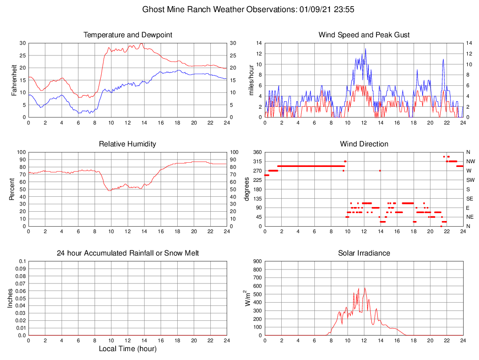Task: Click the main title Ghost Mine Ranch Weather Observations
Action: [239, 9]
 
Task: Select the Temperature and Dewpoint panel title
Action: [128, 35]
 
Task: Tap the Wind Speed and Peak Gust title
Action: [364, 35]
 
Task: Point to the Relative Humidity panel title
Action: [128, 144]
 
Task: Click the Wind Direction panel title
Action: [364, 144]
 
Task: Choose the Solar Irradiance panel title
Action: [364, 253]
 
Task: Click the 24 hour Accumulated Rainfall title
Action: [128, 253]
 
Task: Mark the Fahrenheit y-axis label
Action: [14, 80]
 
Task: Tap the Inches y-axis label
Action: [10, 298]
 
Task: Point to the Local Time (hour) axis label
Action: [128, 349]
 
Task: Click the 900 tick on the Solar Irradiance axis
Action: [257, 262]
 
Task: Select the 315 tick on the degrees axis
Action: [257, 161]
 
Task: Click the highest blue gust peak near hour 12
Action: [365, 48]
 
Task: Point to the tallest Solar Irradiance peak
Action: [364, 288]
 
